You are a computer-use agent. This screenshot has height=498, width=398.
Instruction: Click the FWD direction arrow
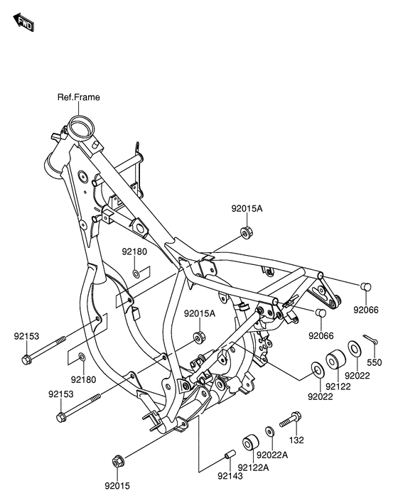coord(23,22)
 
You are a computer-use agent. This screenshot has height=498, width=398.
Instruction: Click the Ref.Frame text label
coord(78,97)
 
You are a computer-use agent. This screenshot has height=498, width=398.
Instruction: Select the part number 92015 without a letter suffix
coord(117,486)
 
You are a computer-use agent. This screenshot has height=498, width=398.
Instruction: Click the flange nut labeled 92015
coord(118,461)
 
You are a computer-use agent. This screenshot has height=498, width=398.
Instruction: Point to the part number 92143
coord(230,476)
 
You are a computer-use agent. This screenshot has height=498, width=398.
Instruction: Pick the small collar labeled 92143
coord(230,454)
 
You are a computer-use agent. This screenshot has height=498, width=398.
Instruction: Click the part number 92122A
coord(253,467)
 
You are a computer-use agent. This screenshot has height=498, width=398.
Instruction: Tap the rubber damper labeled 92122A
coord(251,442)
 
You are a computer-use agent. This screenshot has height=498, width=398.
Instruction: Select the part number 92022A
coord(272,455)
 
